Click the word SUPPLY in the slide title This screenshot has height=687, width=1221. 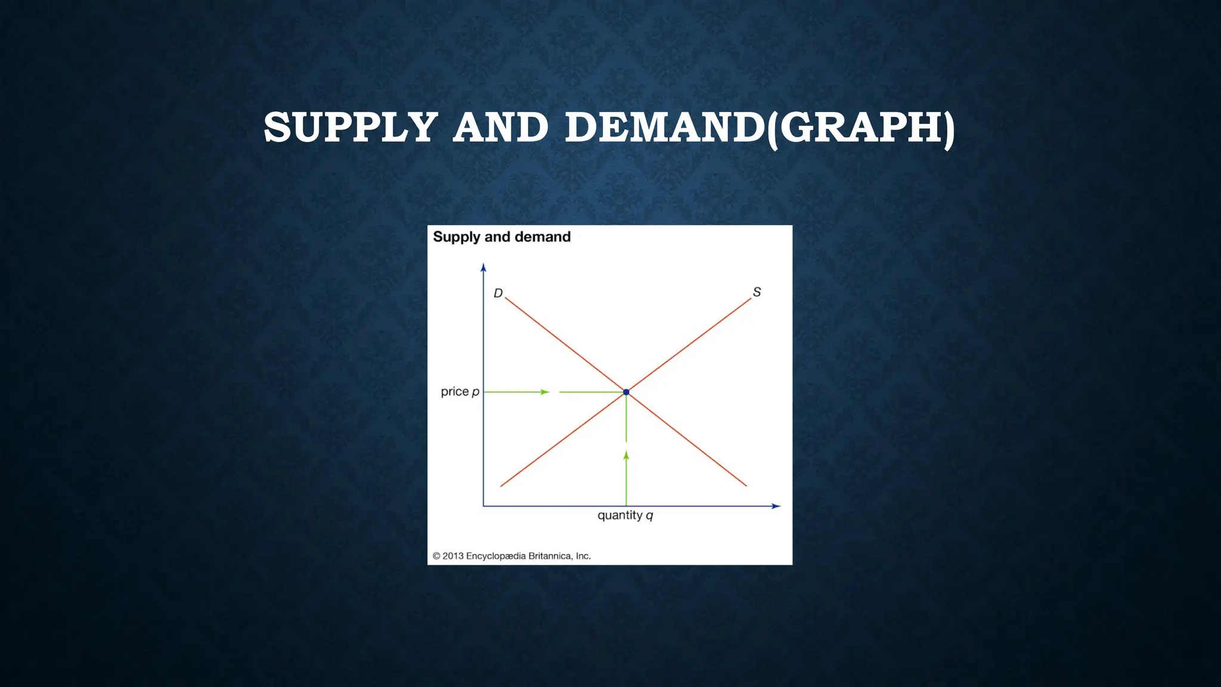(x=351, y=128)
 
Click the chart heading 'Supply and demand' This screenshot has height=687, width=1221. (x=501, y=237)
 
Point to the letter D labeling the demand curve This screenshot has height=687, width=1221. (x=498, y=293)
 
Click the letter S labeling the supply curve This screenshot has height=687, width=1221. (x=757, y=292)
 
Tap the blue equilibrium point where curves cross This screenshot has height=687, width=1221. (x=626, y=392)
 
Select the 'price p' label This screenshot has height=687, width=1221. (x=460, y=392)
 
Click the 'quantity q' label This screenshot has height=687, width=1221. (x=625, y=515)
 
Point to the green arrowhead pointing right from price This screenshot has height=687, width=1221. (x=545, y=392)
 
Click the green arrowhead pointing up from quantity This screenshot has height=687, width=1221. (x=626, y=455)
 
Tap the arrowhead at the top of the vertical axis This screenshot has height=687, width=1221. (x=484, y=267)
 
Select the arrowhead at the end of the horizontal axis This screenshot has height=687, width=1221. (x=776, y=506)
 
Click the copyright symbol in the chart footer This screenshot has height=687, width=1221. (x=436, y=556)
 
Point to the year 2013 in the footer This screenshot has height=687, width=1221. (x=453, y=556)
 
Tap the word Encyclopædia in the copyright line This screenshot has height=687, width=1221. (x=496, y=556)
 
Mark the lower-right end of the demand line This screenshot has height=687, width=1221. (x=746, y=485)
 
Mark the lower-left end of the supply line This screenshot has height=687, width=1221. (x=501, y=485)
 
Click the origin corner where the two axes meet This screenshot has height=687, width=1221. (x=484, y=506)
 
